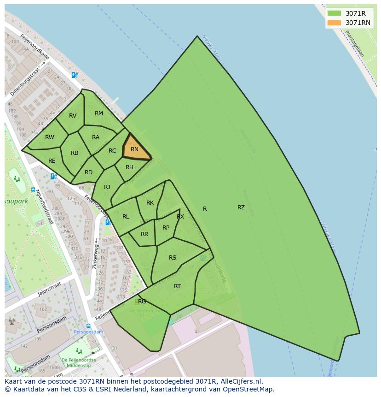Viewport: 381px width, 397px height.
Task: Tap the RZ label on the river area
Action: (241, 207)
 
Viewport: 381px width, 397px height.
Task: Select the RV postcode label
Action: (73, 116)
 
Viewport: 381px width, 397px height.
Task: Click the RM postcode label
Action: (99, 113)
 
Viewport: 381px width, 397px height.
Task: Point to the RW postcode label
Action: (50, 137)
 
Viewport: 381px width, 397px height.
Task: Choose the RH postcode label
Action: (129, 167)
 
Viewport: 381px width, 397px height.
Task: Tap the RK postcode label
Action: (150, 203)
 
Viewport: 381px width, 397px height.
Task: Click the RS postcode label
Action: (173, 258)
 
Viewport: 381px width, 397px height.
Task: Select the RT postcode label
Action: (177, 286)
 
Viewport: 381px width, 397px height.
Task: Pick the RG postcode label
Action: (142, 302)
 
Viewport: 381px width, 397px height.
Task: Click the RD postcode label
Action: (88, 172)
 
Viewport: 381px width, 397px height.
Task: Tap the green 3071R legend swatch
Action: (334, 13)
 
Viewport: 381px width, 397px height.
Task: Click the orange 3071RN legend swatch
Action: (334, 23)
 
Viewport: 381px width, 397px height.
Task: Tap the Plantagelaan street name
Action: (354, 44)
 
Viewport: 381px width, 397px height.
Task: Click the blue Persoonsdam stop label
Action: (88, 332)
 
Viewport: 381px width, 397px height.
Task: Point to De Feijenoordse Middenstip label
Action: (78, 363)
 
